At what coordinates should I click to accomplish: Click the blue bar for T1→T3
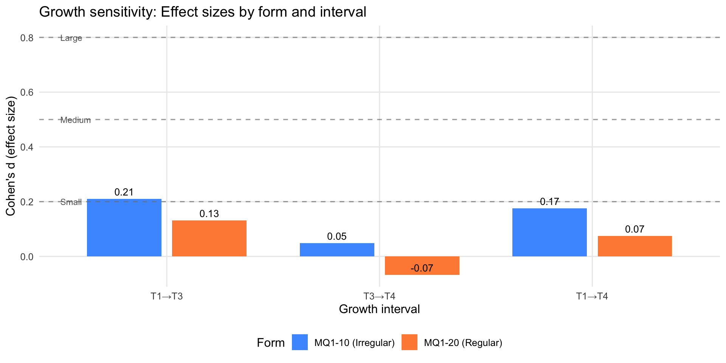[x=124, y=228]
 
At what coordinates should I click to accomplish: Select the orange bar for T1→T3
[x=209, y=238]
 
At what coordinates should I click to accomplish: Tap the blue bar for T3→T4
[x=337, y=250]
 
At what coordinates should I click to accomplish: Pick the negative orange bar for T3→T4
[x=422, y=265]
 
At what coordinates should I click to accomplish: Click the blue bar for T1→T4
[x=549, y=232]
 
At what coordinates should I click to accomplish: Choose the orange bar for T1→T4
[x=634, y=246]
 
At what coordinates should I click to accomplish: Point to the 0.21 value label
[x=124, y=192]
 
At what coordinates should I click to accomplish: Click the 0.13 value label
[x=209, y=214]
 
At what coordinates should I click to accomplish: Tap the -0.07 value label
[x=422, y=268]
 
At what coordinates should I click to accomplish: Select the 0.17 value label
[x=549, y=202]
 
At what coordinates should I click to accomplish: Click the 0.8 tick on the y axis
[x=26, y=38]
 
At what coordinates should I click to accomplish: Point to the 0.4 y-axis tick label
[x=26, y=147]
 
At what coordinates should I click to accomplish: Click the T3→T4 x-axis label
[x=379, y=296]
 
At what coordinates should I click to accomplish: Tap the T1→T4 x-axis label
[x=592, y=296]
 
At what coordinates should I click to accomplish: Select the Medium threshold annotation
[x=76, y=120]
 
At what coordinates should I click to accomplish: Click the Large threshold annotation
[x=71, y=38]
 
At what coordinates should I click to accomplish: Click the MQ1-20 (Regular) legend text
[x=463, y=343]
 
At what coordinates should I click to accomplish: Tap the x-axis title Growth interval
[x=379, y=309]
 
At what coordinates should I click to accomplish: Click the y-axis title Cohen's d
[x=11, y=157]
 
